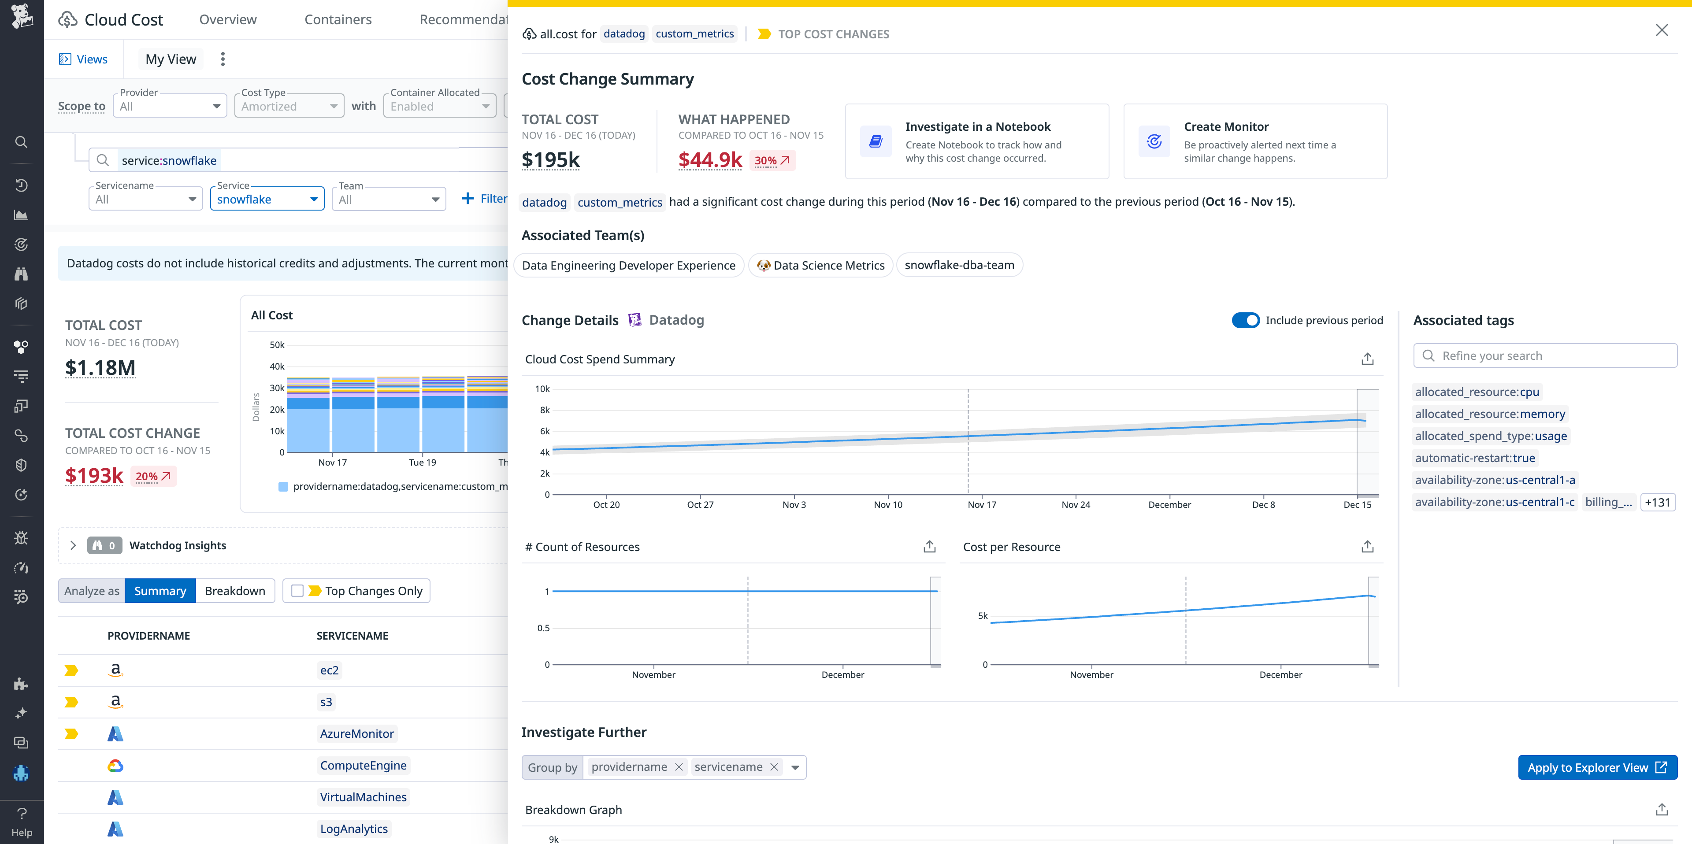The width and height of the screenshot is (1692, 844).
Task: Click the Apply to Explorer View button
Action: point(1597,767)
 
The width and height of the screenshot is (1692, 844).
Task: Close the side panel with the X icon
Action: point(1661,30)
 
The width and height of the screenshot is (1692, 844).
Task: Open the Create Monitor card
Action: point(1254,141)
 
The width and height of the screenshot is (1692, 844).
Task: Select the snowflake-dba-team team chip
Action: point(958,265)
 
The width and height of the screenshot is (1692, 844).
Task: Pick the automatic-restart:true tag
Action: point(1475,458)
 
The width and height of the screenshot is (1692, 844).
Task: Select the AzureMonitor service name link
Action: point(356,734)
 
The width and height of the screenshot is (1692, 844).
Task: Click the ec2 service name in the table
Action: point(329,670)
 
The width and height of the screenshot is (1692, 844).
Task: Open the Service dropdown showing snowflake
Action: point(267,199)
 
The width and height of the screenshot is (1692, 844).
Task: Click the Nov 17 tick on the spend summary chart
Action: point(981,504)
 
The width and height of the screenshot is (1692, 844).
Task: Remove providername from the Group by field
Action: point(679,767)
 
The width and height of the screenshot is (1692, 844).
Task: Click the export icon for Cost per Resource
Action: point(1367,547)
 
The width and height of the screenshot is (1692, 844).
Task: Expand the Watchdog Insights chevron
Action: point(73,545)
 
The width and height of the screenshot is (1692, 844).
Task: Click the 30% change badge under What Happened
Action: point(772,160)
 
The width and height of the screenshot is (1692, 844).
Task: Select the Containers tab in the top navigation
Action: point(338,20)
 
